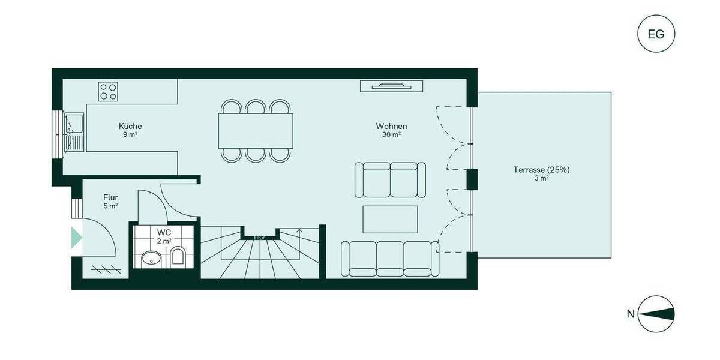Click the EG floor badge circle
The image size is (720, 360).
(x=656, y=34)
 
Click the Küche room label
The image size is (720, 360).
(x=130, y=127)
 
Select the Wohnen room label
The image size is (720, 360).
(x=391, y=127)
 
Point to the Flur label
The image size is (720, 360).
(x=110, y=197)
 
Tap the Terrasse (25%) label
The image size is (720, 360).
(x=541, y=170)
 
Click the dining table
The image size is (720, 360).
(x=256, y=131)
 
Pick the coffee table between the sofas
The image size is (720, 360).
(x=390, y=219)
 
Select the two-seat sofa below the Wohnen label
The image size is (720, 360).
(x=391, y=179)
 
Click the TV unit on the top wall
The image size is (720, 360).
(x=387, y=86)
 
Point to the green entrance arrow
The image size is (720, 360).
(x=76, y=238)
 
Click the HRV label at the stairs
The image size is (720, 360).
(x=259, y=238)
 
